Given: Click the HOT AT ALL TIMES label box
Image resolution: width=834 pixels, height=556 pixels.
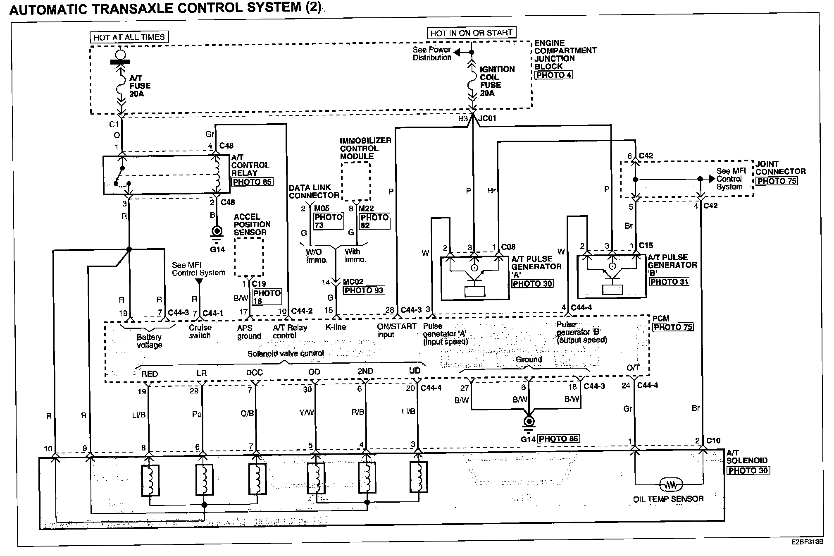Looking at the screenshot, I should tap(129, 37).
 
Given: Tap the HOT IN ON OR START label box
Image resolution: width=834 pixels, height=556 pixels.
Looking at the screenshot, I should tap(471, 33).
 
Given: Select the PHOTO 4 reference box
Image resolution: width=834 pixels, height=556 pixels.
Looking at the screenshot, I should tap(553, 75).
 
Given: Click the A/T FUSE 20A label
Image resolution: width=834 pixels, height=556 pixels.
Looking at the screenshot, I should tap(140, 86).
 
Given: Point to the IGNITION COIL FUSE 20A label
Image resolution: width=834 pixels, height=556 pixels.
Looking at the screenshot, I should tap(497, 81).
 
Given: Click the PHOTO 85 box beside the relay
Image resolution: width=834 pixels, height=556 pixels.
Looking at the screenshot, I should tap(252, 182).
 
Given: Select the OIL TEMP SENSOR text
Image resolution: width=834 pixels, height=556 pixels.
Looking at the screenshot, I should tap(668, 499).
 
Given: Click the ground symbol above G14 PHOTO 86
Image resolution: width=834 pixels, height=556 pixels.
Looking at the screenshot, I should tap(529, 422).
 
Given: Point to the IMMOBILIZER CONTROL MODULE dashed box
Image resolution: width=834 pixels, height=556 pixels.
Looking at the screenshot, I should tap(355, 181).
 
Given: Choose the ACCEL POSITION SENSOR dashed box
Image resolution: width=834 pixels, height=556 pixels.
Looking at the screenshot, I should tap(249, 257).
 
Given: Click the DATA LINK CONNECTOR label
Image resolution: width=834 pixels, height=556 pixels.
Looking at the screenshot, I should tap(314, 192).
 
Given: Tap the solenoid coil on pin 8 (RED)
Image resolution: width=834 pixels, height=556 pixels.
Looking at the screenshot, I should tap(150, 480).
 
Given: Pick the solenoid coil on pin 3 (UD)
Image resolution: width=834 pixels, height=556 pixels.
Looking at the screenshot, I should tap(418, 477).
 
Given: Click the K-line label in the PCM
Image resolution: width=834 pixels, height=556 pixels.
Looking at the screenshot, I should tap(336, 327).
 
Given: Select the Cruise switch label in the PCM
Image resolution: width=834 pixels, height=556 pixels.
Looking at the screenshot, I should tap(200, 331).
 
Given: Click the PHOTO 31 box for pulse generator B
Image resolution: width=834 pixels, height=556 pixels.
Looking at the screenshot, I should tap(669, 282).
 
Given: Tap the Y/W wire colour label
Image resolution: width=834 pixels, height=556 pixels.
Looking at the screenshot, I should tap(307, 412).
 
